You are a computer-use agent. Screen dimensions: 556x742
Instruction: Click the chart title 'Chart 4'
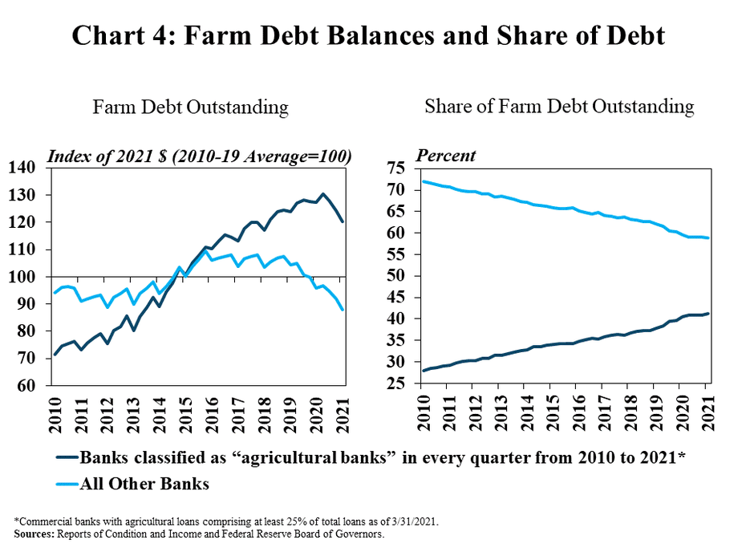click(369, 36)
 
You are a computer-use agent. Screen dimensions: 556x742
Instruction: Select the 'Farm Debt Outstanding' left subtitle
click(190, 108)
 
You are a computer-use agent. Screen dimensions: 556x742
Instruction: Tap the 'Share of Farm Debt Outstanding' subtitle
click(559, 106)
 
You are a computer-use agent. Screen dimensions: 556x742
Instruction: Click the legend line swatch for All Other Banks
click(67, 484)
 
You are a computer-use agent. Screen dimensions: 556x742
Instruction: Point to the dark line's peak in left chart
click(322, 193)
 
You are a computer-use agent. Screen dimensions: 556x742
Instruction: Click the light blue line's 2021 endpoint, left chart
click(343, 310)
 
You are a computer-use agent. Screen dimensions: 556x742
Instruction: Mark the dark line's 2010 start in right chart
click(423, 371)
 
